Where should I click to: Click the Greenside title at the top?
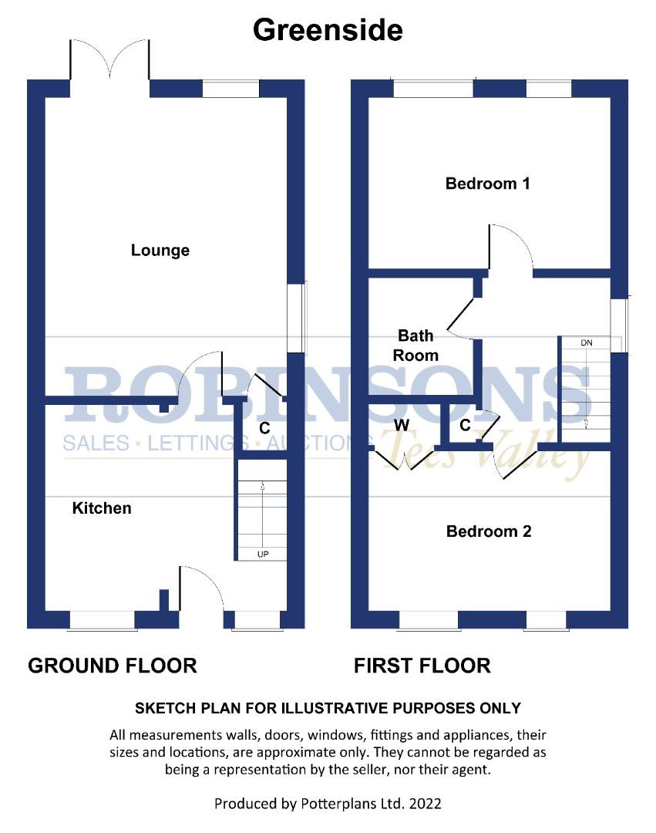tap(328, 30)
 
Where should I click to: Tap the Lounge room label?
tap(160, 251)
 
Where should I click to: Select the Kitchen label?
tap(102, 508)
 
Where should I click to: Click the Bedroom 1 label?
tap(488, 184)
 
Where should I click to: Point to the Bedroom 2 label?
tap(489, 531)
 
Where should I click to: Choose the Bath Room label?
tap(416, 346)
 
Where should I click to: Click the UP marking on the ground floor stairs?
tap(263, 554)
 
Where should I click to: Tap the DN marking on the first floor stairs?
tap(587, 342)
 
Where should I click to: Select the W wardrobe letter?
tap(402, 425)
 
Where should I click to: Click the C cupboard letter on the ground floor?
tap(264, 427)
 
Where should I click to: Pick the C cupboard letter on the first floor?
tap(465, 425)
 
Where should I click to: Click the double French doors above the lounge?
tap(109, 59)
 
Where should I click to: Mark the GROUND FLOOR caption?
tap(113, 665)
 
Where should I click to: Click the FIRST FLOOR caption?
tap(422, 665)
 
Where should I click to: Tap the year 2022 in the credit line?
tap(426, 804)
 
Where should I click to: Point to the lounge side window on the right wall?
tap(298, 318)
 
